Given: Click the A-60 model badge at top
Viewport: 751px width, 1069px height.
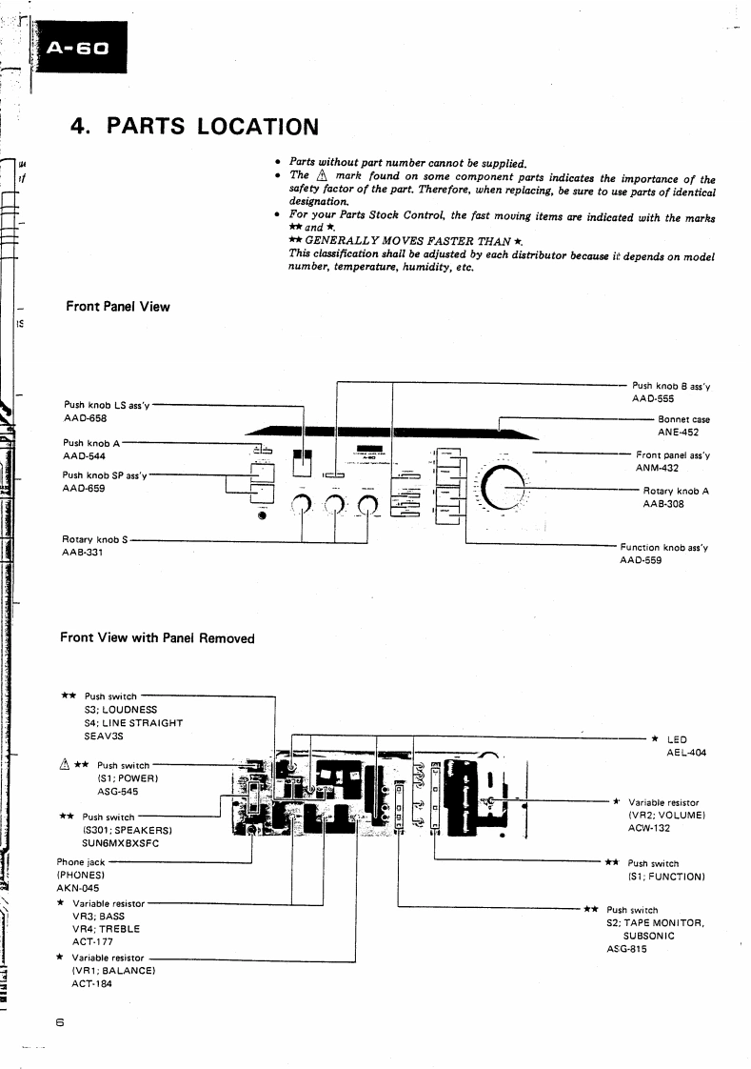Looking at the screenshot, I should pos(80,48).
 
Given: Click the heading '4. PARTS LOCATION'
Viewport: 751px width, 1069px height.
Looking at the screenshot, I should pos(195,126).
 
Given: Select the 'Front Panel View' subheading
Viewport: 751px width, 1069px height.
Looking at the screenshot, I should pos(118,306).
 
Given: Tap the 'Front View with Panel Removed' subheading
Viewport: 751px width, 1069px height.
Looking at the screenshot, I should pos(157,637).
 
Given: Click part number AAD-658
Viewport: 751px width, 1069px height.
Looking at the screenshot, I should pos(85,418).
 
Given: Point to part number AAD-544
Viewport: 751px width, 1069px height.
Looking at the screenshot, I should pos(85,455).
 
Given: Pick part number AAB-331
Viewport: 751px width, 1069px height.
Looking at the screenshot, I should pos(84,552).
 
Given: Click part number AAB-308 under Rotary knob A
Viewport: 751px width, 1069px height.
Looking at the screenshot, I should pos(662,503).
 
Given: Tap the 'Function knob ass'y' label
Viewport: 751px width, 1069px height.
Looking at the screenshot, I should pos(664,548).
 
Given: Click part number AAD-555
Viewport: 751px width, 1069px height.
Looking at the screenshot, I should pos(653,398).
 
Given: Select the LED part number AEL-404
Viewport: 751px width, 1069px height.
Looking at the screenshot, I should pos(686,752).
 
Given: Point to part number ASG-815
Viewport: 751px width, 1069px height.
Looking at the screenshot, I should pos(626,949).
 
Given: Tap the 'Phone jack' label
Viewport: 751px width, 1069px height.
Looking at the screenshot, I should pos(81,862).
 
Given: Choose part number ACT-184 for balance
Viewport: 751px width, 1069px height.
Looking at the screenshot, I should pos(91,983).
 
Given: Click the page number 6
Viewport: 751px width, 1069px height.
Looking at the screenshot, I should pos(59,1023).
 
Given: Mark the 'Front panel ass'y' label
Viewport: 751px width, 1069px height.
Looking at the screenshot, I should pos(672,455).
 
